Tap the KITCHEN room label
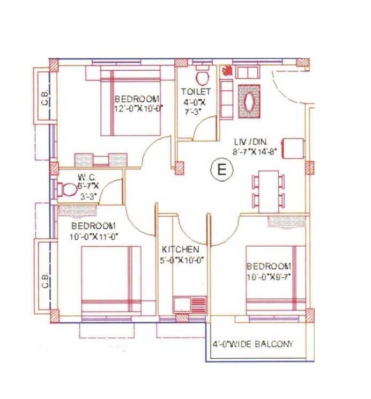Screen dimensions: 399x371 point(181,250)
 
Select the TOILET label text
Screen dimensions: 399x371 point(196,92)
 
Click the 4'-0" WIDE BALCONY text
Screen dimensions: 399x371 point(253,344)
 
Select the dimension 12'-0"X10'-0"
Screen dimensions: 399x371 point(138,108)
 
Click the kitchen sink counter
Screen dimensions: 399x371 point(189,304)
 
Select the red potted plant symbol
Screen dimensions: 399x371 point(227,70)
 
